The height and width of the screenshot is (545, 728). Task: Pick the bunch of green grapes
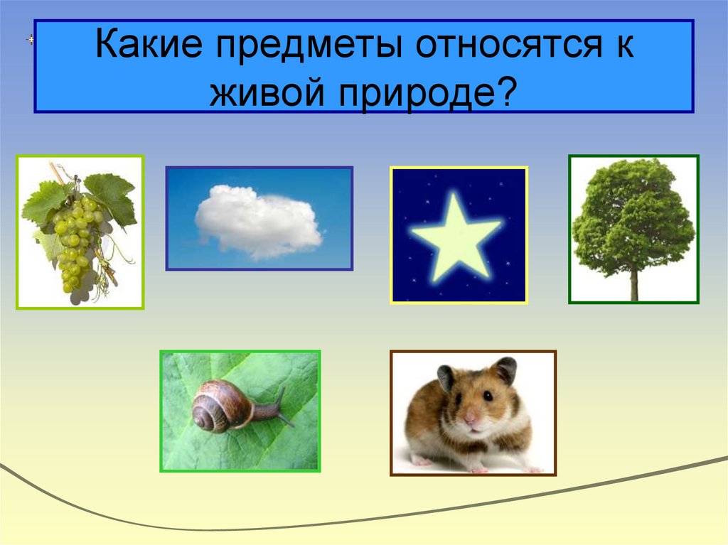(75, 242)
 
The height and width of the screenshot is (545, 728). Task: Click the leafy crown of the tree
(633, 213)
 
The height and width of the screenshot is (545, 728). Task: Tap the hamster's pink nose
(469, 421)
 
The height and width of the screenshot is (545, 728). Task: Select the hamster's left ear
(446, 377)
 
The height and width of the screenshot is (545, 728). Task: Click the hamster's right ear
(505, 369)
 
